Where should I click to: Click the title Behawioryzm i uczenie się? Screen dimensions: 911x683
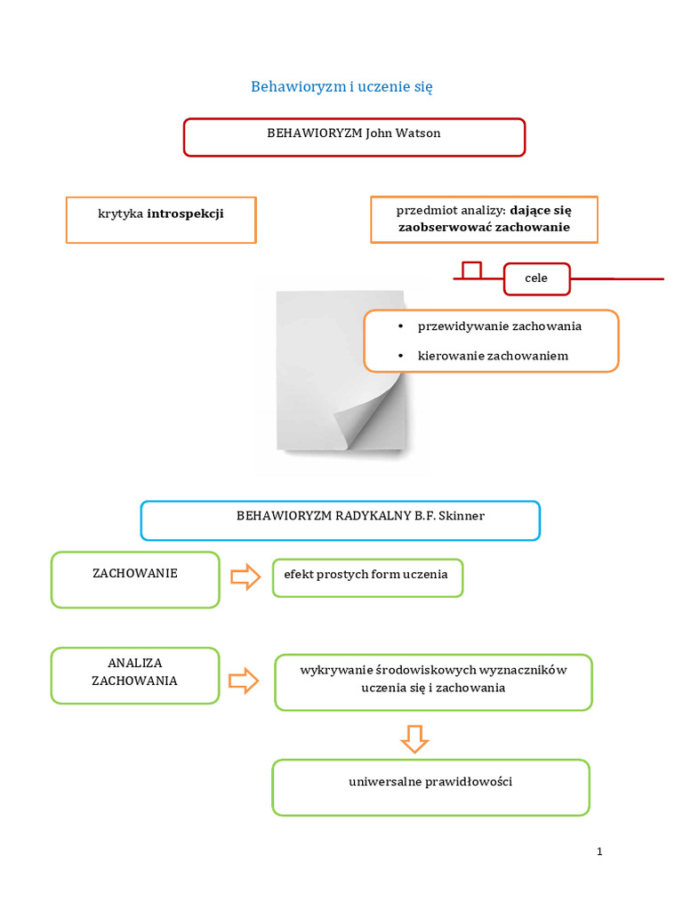coord(341,87)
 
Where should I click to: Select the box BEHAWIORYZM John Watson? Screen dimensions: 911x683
coord(354,137)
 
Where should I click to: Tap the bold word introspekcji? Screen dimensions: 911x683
coord(185,214)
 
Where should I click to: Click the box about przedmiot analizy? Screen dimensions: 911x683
coord(484,220)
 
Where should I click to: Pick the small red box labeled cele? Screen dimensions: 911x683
coord(536,278)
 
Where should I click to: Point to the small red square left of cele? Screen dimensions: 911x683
coord(471,270)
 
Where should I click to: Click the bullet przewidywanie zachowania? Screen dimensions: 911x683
coord(499,327)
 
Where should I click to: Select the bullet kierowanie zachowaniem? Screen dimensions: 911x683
coord(493,356)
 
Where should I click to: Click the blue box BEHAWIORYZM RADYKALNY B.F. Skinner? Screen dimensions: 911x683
coord(340,520)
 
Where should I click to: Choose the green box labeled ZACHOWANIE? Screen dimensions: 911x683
coord(135,579)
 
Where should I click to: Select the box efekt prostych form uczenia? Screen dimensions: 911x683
coord(366,577)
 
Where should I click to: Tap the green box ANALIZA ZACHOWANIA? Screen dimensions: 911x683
coord(135,674)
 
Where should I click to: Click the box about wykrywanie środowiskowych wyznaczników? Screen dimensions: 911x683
coord(433,681)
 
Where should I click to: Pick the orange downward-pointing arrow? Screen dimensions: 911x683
coord(414,738)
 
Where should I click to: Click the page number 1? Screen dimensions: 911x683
coord(599,851)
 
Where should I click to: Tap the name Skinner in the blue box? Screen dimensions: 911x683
coord(462,516)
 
